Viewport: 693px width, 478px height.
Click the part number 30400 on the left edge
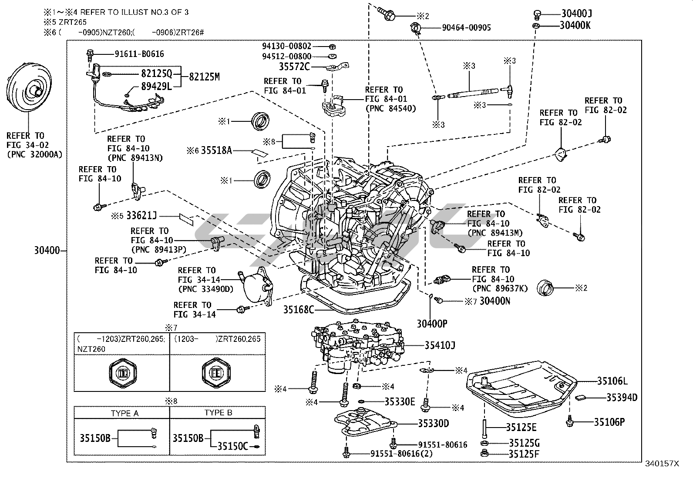click(47, 251)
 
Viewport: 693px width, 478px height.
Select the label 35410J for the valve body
click(440, 345)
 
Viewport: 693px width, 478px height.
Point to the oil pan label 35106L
click(612, 381)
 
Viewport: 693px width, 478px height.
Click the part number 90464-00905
click(466, 28)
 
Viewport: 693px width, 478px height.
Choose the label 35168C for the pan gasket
click(298, 310)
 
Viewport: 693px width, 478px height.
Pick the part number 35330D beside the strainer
click(433, 423)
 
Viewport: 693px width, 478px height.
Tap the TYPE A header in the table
click(124, 413)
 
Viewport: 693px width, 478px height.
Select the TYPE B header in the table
click(218, 413)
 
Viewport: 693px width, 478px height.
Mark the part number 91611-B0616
click(139, 54)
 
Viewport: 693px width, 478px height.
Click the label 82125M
click(204, 77)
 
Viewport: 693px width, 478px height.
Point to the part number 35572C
click(294, 67)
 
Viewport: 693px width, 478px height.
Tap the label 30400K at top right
click(575, 25)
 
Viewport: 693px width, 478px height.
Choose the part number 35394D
click(622, 397)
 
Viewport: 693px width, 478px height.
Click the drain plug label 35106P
click(609, 421)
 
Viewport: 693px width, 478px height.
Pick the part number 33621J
click(141, 215)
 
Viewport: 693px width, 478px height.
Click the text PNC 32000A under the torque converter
click(34, 154)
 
